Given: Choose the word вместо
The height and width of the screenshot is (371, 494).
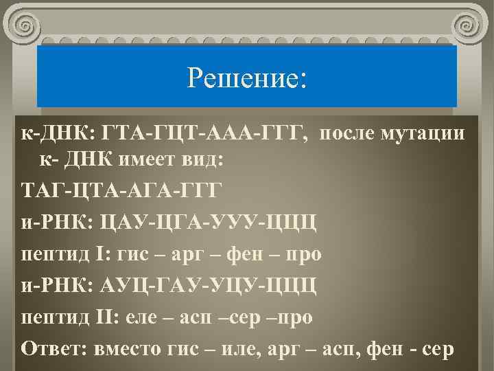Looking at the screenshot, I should (x=129, y=348).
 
